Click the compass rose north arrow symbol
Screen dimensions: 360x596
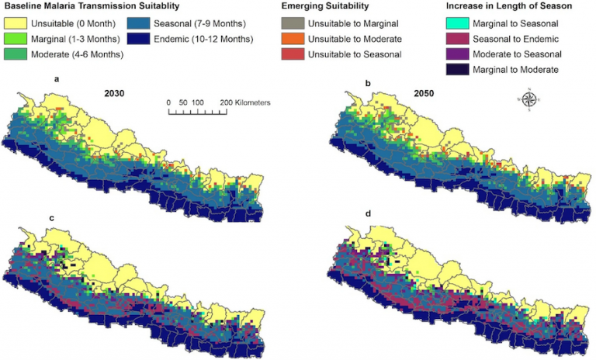[x=531, y=99]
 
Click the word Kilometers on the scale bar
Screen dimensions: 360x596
[x=241, y=102]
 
